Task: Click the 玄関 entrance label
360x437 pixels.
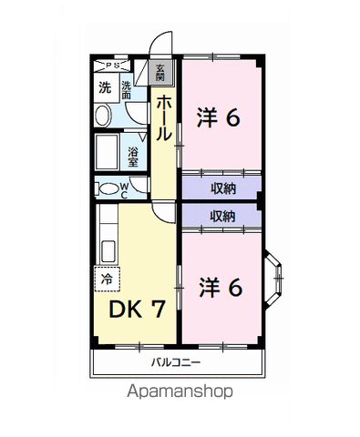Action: (159, 73)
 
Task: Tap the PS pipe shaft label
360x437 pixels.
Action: (112, 65)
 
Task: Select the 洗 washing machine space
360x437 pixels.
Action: (106, 87)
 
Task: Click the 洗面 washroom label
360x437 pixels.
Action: (127, 90)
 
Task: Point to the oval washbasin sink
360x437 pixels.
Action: (102, 116)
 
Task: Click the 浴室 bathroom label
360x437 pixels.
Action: (133, 158)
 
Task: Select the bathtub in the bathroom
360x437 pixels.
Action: (107, 153)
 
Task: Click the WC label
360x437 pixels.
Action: (124, 190)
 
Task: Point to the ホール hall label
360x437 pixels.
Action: (164, 118)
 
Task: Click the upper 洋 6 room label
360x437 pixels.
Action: (219, 117)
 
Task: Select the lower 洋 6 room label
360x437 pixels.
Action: (221, 287)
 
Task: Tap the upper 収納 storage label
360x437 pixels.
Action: (223, 188)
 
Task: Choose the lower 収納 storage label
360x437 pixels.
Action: (223, 217)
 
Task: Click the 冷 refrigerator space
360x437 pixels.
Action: (108, 279)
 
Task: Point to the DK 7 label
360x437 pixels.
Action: (137, 309)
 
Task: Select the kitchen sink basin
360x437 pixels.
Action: (108, 251)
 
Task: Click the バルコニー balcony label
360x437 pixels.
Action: (176, 362)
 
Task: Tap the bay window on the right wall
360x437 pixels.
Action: (273, 279)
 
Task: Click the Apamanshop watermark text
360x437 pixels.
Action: (180, 391)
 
